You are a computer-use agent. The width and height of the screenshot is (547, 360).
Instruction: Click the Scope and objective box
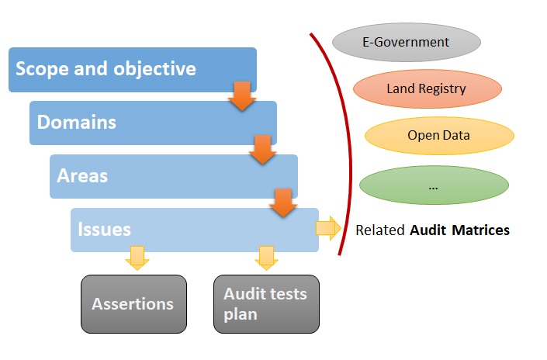click(132, 70)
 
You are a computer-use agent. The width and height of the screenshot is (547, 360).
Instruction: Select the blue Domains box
click(153, 123)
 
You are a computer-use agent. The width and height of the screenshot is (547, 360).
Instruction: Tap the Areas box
click(173, 176)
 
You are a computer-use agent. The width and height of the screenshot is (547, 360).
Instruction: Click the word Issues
click(104, 229)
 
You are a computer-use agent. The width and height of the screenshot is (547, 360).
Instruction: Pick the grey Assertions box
click(133, 304)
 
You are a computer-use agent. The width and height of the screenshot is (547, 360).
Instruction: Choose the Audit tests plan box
click(265, 304)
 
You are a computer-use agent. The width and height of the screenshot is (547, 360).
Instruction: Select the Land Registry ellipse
click(426, 88)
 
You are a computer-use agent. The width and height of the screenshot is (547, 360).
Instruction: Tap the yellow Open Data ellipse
click(438, 135)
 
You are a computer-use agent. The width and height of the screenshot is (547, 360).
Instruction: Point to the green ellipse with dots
click(433, 186)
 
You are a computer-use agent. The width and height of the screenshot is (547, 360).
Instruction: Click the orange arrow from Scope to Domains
click(242, 95)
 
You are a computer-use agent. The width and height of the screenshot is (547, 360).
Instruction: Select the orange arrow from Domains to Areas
click(263, 149)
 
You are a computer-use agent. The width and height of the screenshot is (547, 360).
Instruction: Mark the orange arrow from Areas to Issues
click(283, 202)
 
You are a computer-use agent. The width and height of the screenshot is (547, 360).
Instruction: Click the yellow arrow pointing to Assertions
click(137, 257)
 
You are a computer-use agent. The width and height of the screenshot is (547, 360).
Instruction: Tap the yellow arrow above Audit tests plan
click(266, 257)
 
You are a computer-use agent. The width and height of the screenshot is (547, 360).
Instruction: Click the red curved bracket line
click(343, 147)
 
